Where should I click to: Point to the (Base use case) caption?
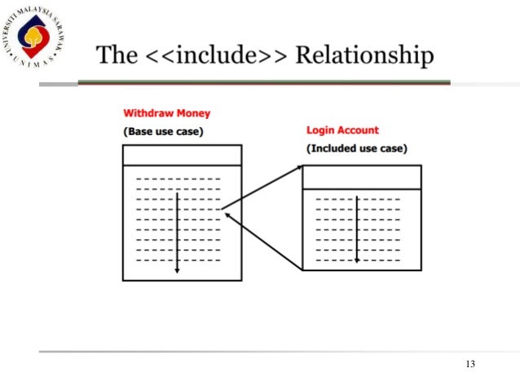click(163, 130)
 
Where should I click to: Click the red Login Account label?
click(342, 130)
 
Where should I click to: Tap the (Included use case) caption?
click(357, 148)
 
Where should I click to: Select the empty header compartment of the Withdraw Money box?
click(182, 155)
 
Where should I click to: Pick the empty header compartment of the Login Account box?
click(362, 177)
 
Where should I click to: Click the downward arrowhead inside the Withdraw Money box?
click(177, 270)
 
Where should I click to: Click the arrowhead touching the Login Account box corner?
click(297, 169)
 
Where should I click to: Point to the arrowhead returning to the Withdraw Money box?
click(228, 215)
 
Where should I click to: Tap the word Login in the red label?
click(319, 130)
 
